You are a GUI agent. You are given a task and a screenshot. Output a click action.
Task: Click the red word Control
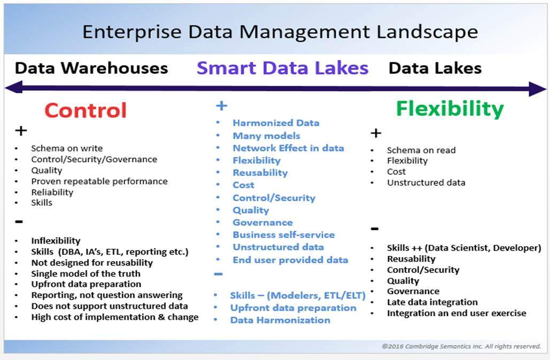pos(86,110)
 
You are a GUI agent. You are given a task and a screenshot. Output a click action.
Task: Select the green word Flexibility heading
pos(450,108)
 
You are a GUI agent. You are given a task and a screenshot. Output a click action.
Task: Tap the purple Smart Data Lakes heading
pos(282,68)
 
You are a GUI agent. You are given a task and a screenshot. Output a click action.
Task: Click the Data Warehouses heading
pos(91,68)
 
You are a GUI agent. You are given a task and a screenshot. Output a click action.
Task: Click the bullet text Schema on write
pos(67,148)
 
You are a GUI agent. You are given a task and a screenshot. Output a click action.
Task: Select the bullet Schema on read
pos(421,150)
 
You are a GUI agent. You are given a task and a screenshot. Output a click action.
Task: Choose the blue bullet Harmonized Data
pos(276,123)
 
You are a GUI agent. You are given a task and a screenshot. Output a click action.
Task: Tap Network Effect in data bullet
pos(288,148)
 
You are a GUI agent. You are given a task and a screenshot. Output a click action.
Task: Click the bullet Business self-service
pos(283,234)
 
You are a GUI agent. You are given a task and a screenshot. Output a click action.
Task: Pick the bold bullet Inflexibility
pos(56,241)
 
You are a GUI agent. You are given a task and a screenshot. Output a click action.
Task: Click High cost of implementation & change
pos(115,317)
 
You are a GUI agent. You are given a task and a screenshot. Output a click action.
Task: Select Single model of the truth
pos(86,273)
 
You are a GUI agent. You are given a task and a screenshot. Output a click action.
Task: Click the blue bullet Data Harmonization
pos(280,320)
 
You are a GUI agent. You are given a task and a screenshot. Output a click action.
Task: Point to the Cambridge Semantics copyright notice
pos(461,346)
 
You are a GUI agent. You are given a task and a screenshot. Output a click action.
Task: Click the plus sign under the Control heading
pos(21,131)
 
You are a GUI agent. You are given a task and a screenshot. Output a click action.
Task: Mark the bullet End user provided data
pos(290,260)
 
